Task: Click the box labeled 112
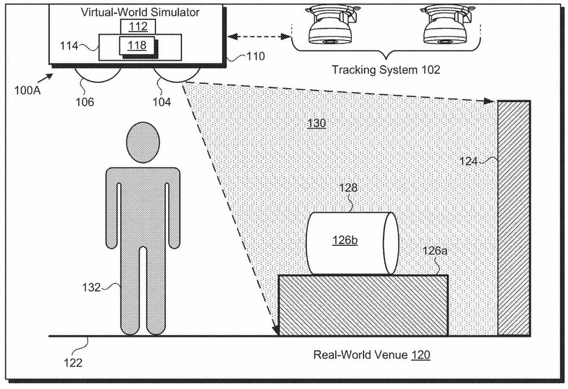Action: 134,26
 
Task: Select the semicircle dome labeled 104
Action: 177,75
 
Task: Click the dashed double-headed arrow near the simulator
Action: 258,37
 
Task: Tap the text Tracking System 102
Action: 385,70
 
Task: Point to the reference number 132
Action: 92,287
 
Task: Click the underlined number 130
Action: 316,123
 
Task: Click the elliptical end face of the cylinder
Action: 388,243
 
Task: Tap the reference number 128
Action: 349,188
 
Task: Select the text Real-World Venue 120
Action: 372,355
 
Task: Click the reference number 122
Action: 73,364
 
